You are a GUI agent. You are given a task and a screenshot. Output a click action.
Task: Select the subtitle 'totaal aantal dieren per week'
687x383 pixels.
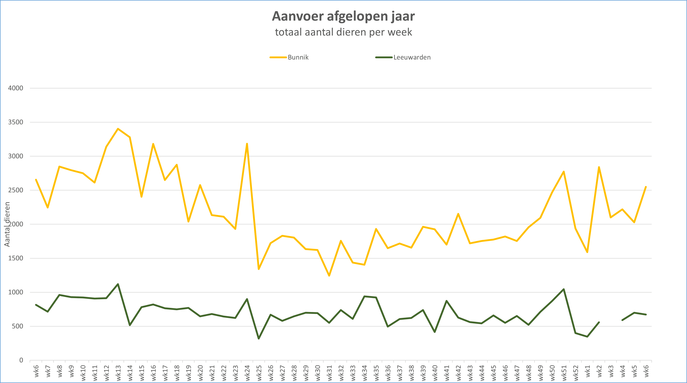[x=343, y=32]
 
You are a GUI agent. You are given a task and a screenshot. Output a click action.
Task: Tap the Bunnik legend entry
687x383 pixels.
[x=298, y=57]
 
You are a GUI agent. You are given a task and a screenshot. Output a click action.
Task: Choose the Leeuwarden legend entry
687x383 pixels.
[x=412, y=57]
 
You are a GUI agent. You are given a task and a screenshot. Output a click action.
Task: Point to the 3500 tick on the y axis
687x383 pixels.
[x=15, y=122]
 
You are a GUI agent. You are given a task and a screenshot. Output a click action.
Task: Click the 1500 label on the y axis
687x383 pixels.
[x=15, y=258]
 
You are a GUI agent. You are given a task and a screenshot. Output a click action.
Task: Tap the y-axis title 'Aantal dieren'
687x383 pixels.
[x=7, y=224]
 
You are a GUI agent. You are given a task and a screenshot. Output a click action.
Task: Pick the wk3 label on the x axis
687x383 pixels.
[x=611, y=371]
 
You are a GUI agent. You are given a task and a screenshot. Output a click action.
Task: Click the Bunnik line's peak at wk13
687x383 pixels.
[x=118, y=129]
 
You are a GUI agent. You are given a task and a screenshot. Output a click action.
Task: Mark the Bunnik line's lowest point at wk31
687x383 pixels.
[x=329, y=275]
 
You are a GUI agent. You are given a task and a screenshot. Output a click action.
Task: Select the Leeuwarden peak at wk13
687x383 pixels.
[x=118, y=284]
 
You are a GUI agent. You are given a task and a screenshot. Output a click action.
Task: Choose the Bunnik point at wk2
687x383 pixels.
[x=599, y=167]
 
